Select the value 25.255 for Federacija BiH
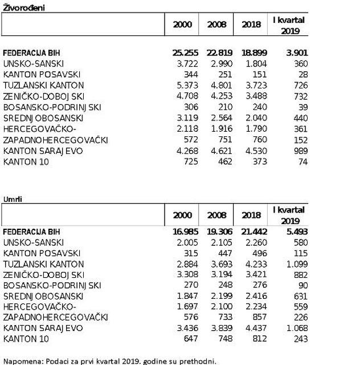point(183,52)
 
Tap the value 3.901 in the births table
point(294,52)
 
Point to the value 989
point(298,151)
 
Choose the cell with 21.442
point(249,232)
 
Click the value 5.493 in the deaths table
point(294,232)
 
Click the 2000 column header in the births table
point(183,25)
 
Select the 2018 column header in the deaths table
point(251,215)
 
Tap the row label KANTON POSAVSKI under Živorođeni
point(42,74)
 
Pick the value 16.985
point(183,232)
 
